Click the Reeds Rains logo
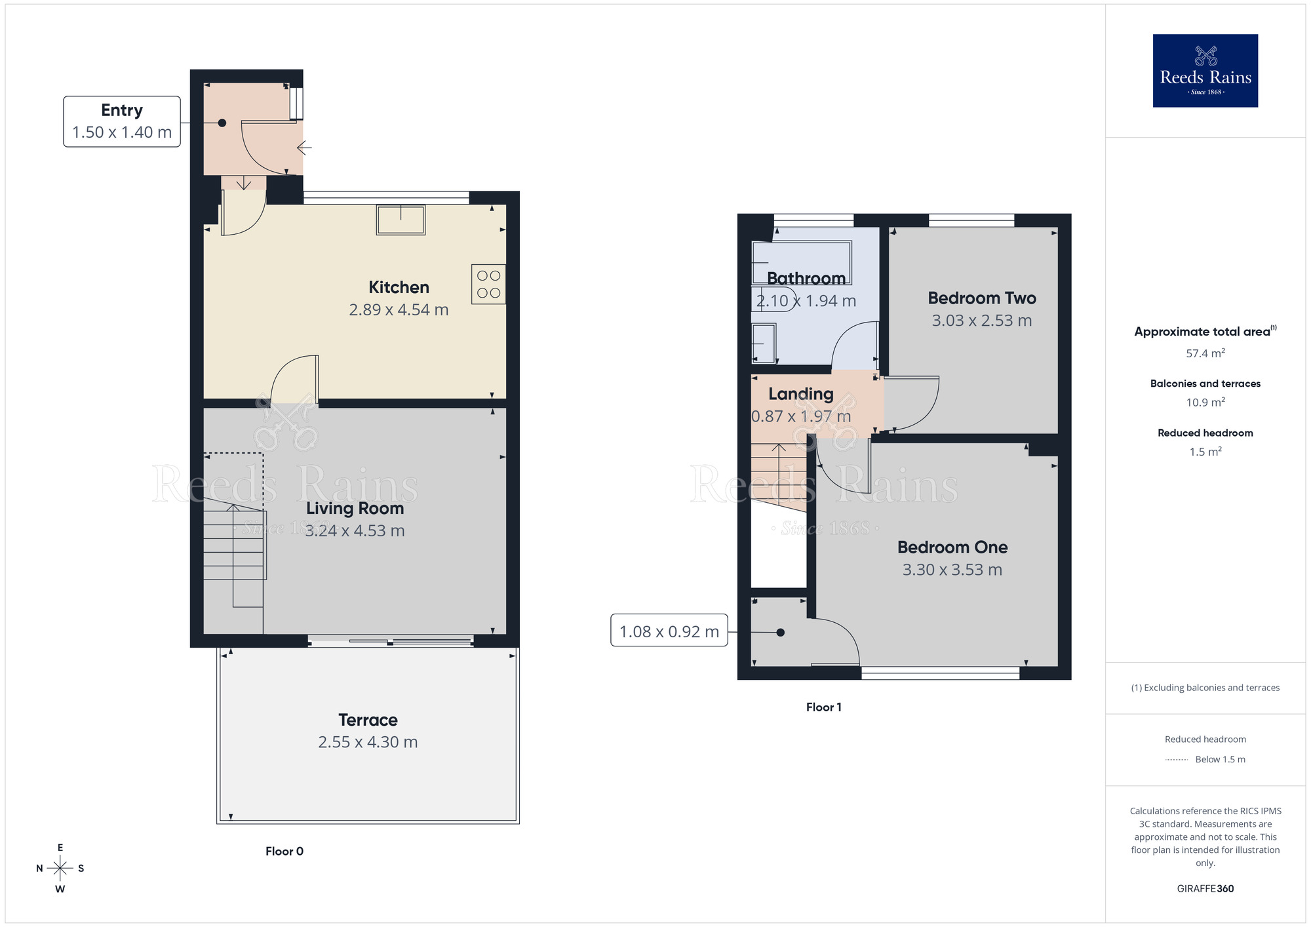click(x=1205, y=71)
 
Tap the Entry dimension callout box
click(x=122, y=121)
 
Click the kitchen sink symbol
click(x=401, y=220)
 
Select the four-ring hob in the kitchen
click(x=488, y=284)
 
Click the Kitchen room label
click(x=399, y=287)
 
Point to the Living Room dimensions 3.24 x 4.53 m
click(x=355, y=530)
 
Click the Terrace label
click(x=368, y=720)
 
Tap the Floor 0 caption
click(x=284, y=851)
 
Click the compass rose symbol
click(x=60, y=869)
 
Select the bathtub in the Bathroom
click(x=801, y=262)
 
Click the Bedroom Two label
click(x=981, y=298)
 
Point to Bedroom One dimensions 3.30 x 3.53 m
click(x=952, y=570)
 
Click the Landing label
click(x=800, y=394)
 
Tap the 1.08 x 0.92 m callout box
click(x=669, y=631)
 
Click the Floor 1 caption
click(x=823, y=707)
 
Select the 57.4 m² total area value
click(x=1205, y=353)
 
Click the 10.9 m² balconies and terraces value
click(x=1205, y=403)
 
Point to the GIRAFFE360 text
click(x=1205, y=888)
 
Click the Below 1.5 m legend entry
click(x=1219, y=759)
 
